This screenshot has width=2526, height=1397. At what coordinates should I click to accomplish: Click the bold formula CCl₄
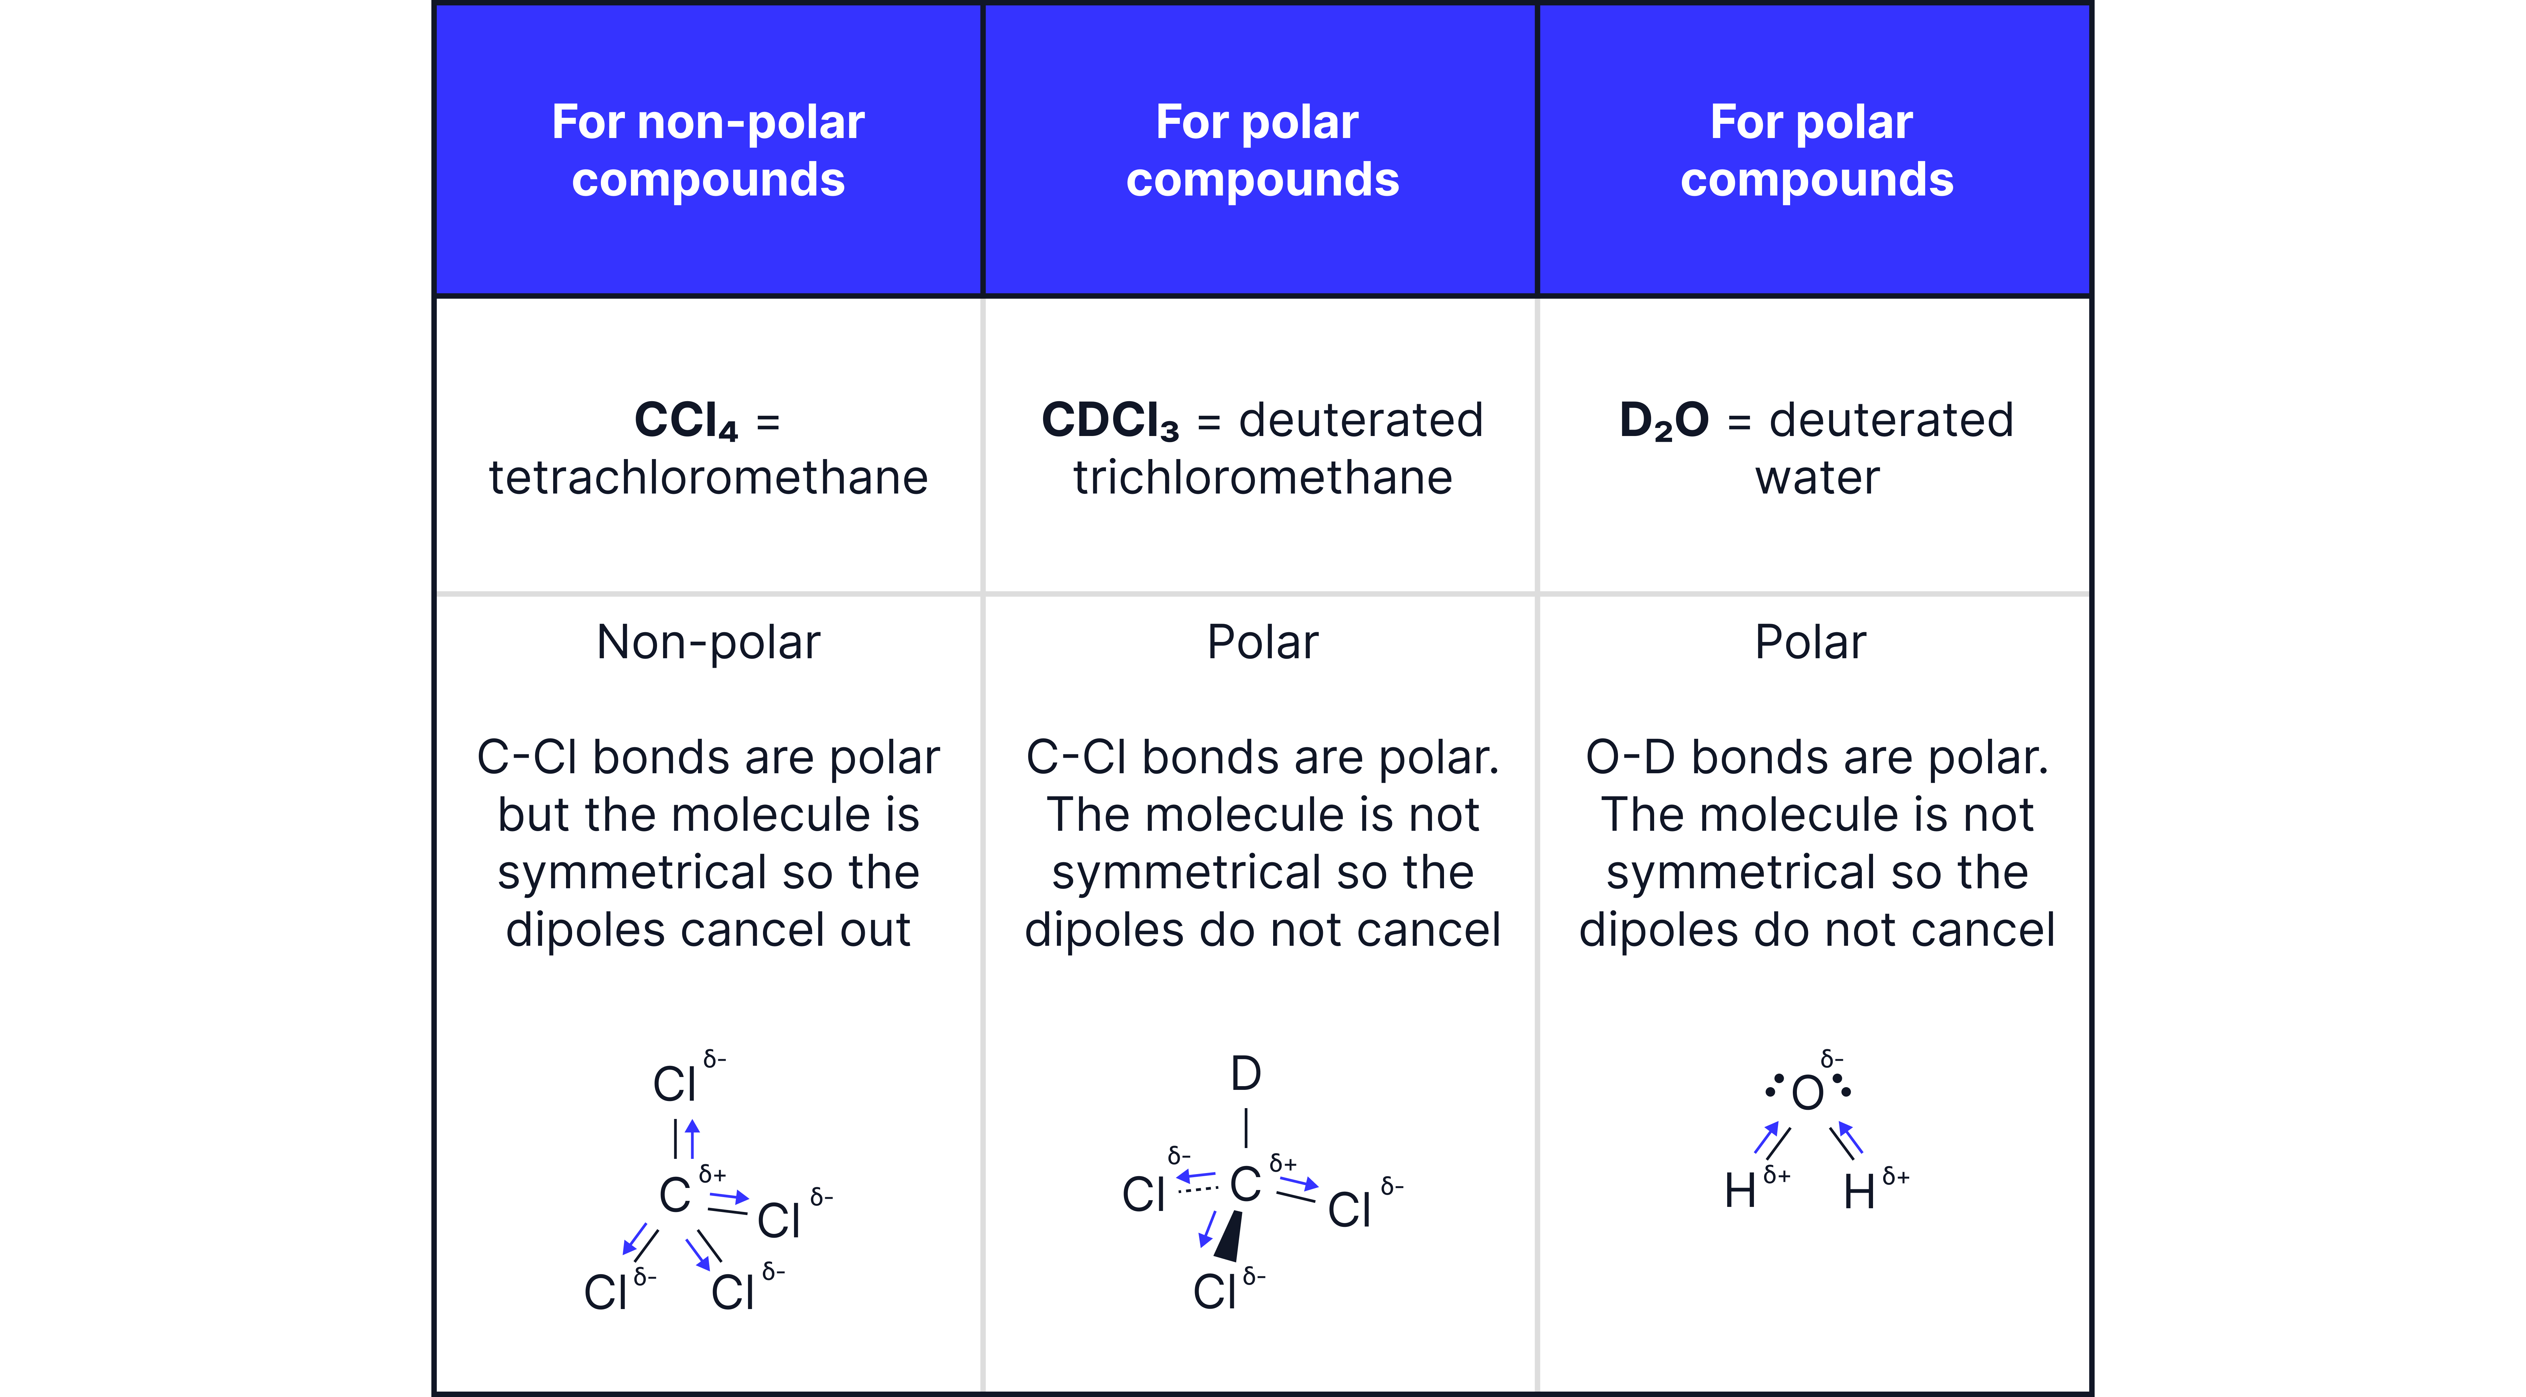[x=685, y=420]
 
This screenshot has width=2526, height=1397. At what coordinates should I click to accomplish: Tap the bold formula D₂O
[x=1664, y=420]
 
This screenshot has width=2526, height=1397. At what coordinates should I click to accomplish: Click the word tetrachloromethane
[x=708, y=477]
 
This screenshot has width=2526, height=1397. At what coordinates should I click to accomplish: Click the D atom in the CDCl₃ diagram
[x=1245, y=1074]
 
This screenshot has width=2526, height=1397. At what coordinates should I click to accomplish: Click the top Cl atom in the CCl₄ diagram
[x=675, y=1084]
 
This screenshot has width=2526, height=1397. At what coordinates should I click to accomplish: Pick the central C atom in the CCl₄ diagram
[x=675, y=1195]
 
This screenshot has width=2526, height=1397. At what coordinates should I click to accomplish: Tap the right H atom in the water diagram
[x=1859, y=1192]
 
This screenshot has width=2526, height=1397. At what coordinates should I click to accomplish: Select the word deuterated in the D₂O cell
[x=1892, y=420]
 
